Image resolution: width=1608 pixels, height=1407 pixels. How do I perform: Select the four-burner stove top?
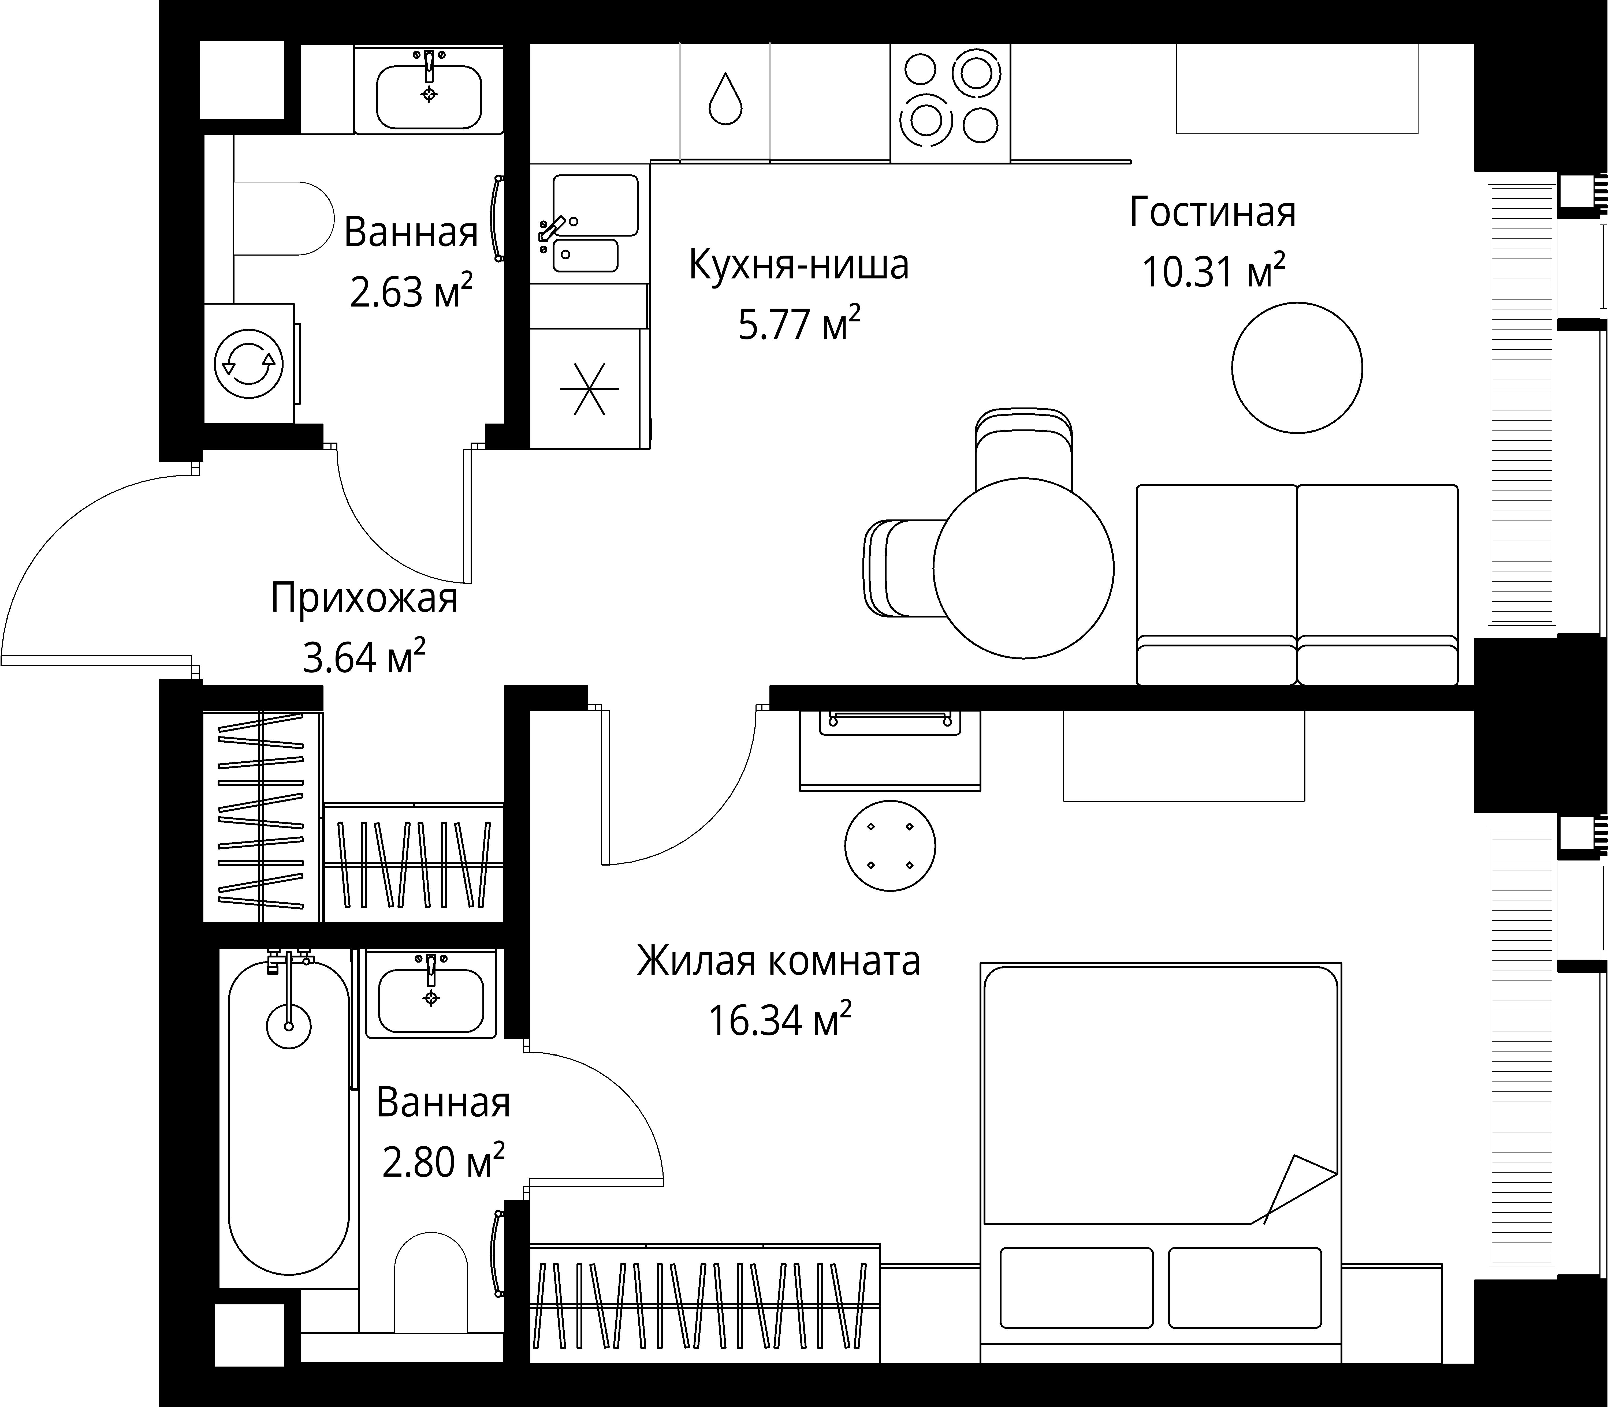coord(951,103)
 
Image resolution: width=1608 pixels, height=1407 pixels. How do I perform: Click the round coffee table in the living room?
coord(1297,368)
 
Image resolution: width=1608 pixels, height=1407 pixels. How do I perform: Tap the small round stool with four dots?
coord(890,845)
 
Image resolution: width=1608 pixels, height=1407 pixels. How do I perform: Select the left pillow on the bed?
coord(1076,1288)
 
